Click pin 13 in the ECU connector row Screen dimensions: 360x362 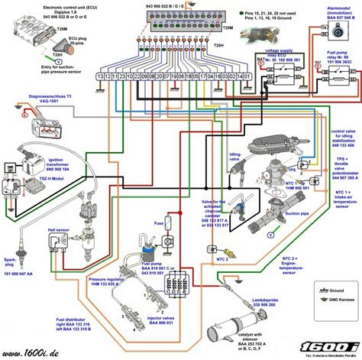pos(101,76)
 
